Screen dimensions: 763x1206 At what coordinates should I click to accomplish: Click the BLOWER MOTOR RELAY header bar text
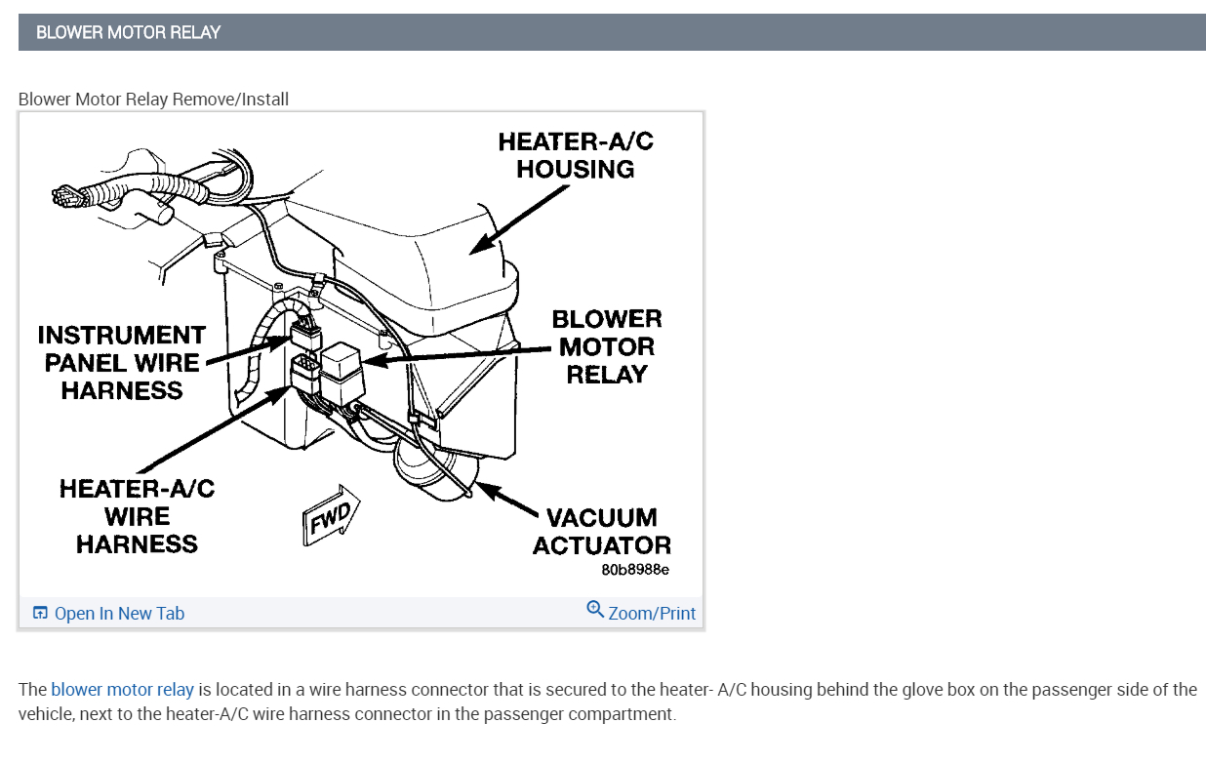point(128,32)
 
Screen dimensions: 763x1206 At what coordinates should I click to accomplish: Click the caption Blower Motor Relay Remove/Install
point(153,100)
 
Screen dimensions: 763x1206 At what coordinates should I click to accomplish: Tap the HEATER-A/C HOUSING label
point(575,155)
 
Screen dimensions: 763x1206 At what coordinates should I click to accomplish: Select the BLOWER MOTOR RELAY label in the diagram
point(606,346)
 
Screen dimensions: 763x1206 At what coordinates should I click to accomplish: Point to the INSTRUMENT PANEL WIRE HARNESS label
point(122,363)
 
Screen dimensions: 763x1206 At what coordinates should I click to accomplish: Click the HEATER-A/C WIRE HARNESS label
point(137,516)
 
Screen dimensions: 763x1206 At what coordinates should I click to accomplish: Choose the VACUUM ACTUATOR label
point(601,531)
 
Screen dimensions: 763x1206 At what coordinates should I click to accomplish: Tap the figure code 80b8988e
point(635,570)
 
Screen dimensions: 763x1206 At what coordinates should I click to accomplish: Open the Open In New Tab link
point(119,614)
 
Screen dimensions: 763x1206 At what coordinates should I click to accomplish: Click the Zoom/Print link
point(652,614)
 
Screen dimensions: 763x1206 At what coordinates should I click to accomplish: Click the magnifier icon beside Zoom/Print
point(595,610)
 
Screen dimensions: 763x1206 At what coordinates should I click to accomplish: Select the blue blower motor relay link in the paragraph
point(122,690)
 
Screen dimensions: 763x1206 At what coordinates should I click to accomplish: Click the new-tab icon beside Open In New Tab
point(40,613)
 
